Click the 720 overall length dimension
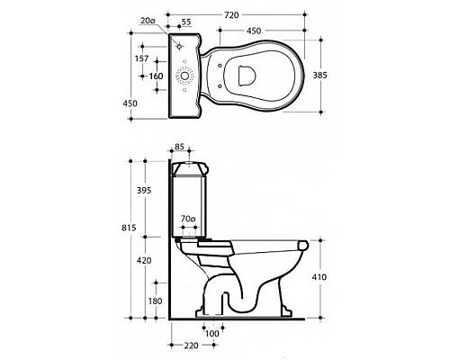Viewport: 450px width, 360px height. (231, 14)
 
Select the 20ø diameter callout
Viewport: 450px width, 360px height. (148, 21)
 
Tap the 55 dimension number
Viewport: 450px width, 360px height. (186, 22)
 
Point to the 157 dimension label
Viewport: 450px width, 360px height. (141, 58)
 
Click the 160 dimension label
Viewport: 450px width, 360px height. (157, 76)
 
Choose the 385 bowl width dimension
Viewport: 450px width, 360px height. (320, 75)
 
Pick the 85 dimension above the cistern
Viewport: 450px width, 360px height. (179, 147)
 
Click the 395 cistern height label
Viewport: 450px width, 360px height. (144, 190)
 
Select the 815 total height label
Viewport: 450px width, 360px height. (129, 228)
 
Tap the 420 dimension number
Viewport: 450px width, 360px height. (144, 261)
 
